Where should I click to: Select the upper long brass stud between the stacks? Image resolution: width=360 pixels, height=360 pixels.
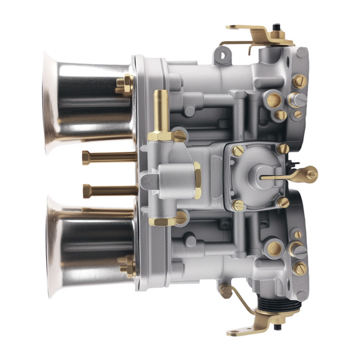[108, 158]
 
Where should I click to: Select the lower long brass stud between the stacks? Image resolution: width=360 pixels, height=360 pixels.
[108, 191]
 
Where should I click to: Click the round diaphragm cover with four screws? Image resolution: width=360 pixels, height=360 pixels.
[255, 176]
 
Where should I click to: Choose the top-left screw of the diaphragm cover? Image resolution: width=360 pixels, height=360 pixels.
[238, 151]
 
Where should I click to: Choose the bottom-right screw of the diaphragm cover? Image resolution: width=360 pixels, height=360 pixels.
[283, 202]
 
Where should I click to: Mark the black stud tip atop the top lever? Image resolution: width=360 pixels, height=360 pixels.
[276, 27]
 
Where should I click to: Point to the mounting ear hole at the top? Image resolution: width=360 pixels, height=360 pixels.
[223, 56]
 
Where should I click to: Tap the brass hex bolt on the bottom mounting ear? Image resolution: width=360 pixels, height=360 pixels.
[226, 291]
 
